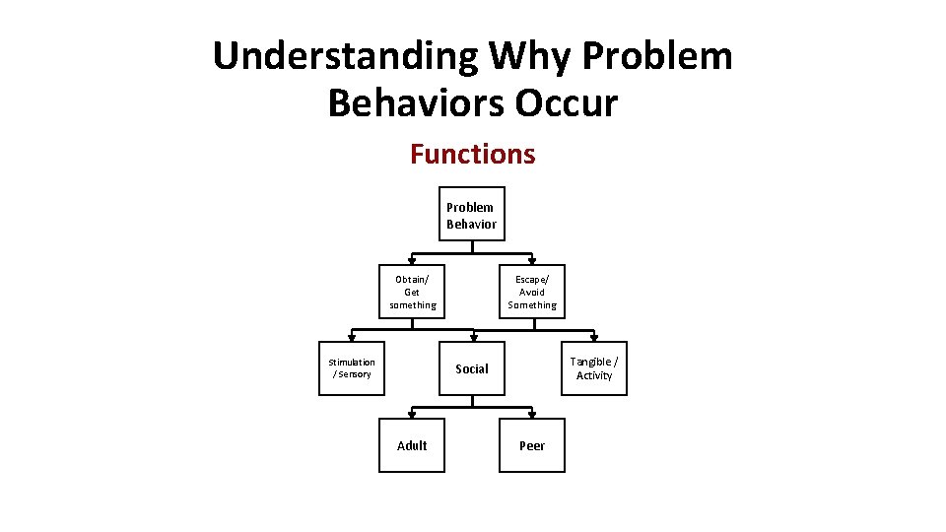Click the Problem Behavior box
click(471, 214)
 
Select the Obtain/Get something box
click(412, 291)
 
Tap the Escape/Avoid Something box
click(532, 291)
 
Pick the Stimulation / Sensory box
click(352, 367)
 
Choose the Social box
click(472, 368)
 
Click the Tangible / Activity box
click(594, 367)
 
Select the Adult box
click(412, 445)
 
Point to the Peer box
click(532, 445)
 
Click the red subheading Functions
click(472, 154)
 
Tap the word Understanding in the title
click(343, 56)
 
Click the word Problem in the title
click(657, 56)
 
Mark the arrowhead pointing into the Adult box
click(412, 415)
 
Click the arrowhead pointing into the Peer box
click(532, 415)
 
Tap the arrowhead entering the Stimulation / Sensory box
click(352, 338)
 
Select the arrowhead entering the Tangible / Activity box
click(594, 338)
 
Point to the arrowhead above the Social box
click(473, 338)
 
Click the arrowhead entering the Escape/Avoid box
click(532, 261)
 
